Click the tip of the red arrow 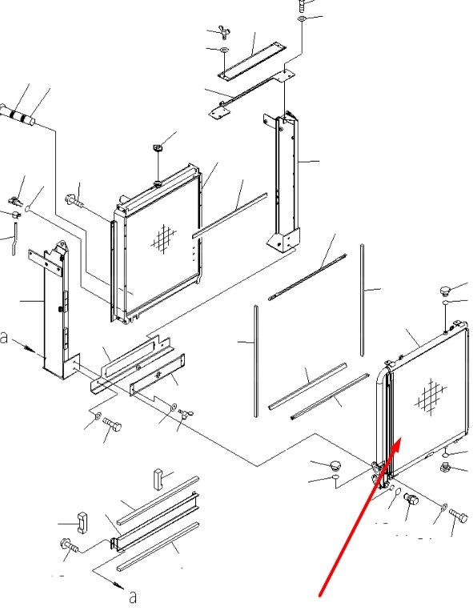[401, 438]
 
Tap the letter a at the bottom [133, 597]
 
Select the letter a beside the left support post [4, 338]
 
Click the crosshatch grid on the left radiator [163, 238]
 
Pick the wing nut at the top [225, 33]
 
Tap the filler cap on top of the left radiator [158, 148]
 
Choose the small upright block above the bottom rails [158, 479]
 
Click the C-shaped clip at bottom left [82, 522]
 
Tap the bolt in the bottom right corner [459, 515]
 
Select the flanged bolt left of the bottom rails [70, 545]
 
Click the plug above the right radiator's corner [446, 290]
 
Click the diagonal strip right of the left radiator [230, 215]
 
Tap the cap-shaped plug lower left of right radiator [335, 464]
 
